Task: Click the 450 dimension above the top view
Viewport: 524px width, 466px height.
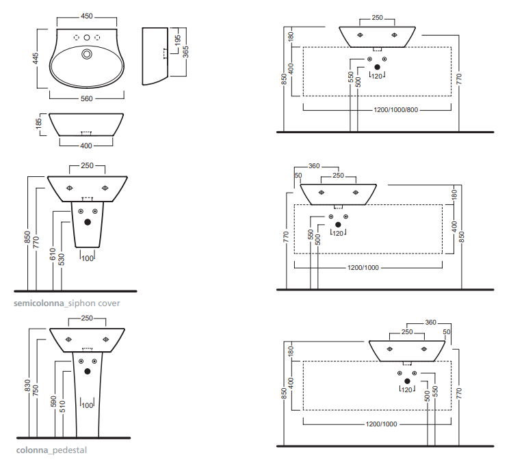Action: coord(87,16)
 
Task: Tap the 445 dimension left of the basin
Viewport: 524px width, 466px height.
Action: coord(36,58)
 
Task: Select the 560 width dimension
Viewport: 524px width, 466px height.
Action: coord(87,98)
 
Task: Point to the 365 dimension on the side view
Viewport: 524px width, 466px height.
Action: coord(186,52)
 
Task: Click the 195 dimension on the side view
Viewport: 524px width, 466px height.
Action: coord(178,40)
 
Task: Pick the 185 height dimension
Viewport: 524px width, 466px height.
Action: coord(39,124)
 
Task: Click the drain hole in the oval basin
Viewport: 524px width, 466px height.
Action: coord(87,54)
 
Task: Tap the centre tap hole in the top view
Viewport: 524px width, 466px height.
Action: coord(87,38)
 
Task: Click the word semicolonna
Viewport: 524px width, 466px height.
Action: coord(39,303)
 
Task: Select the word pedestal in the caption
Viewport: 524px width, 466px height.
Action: coord(70,450)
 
